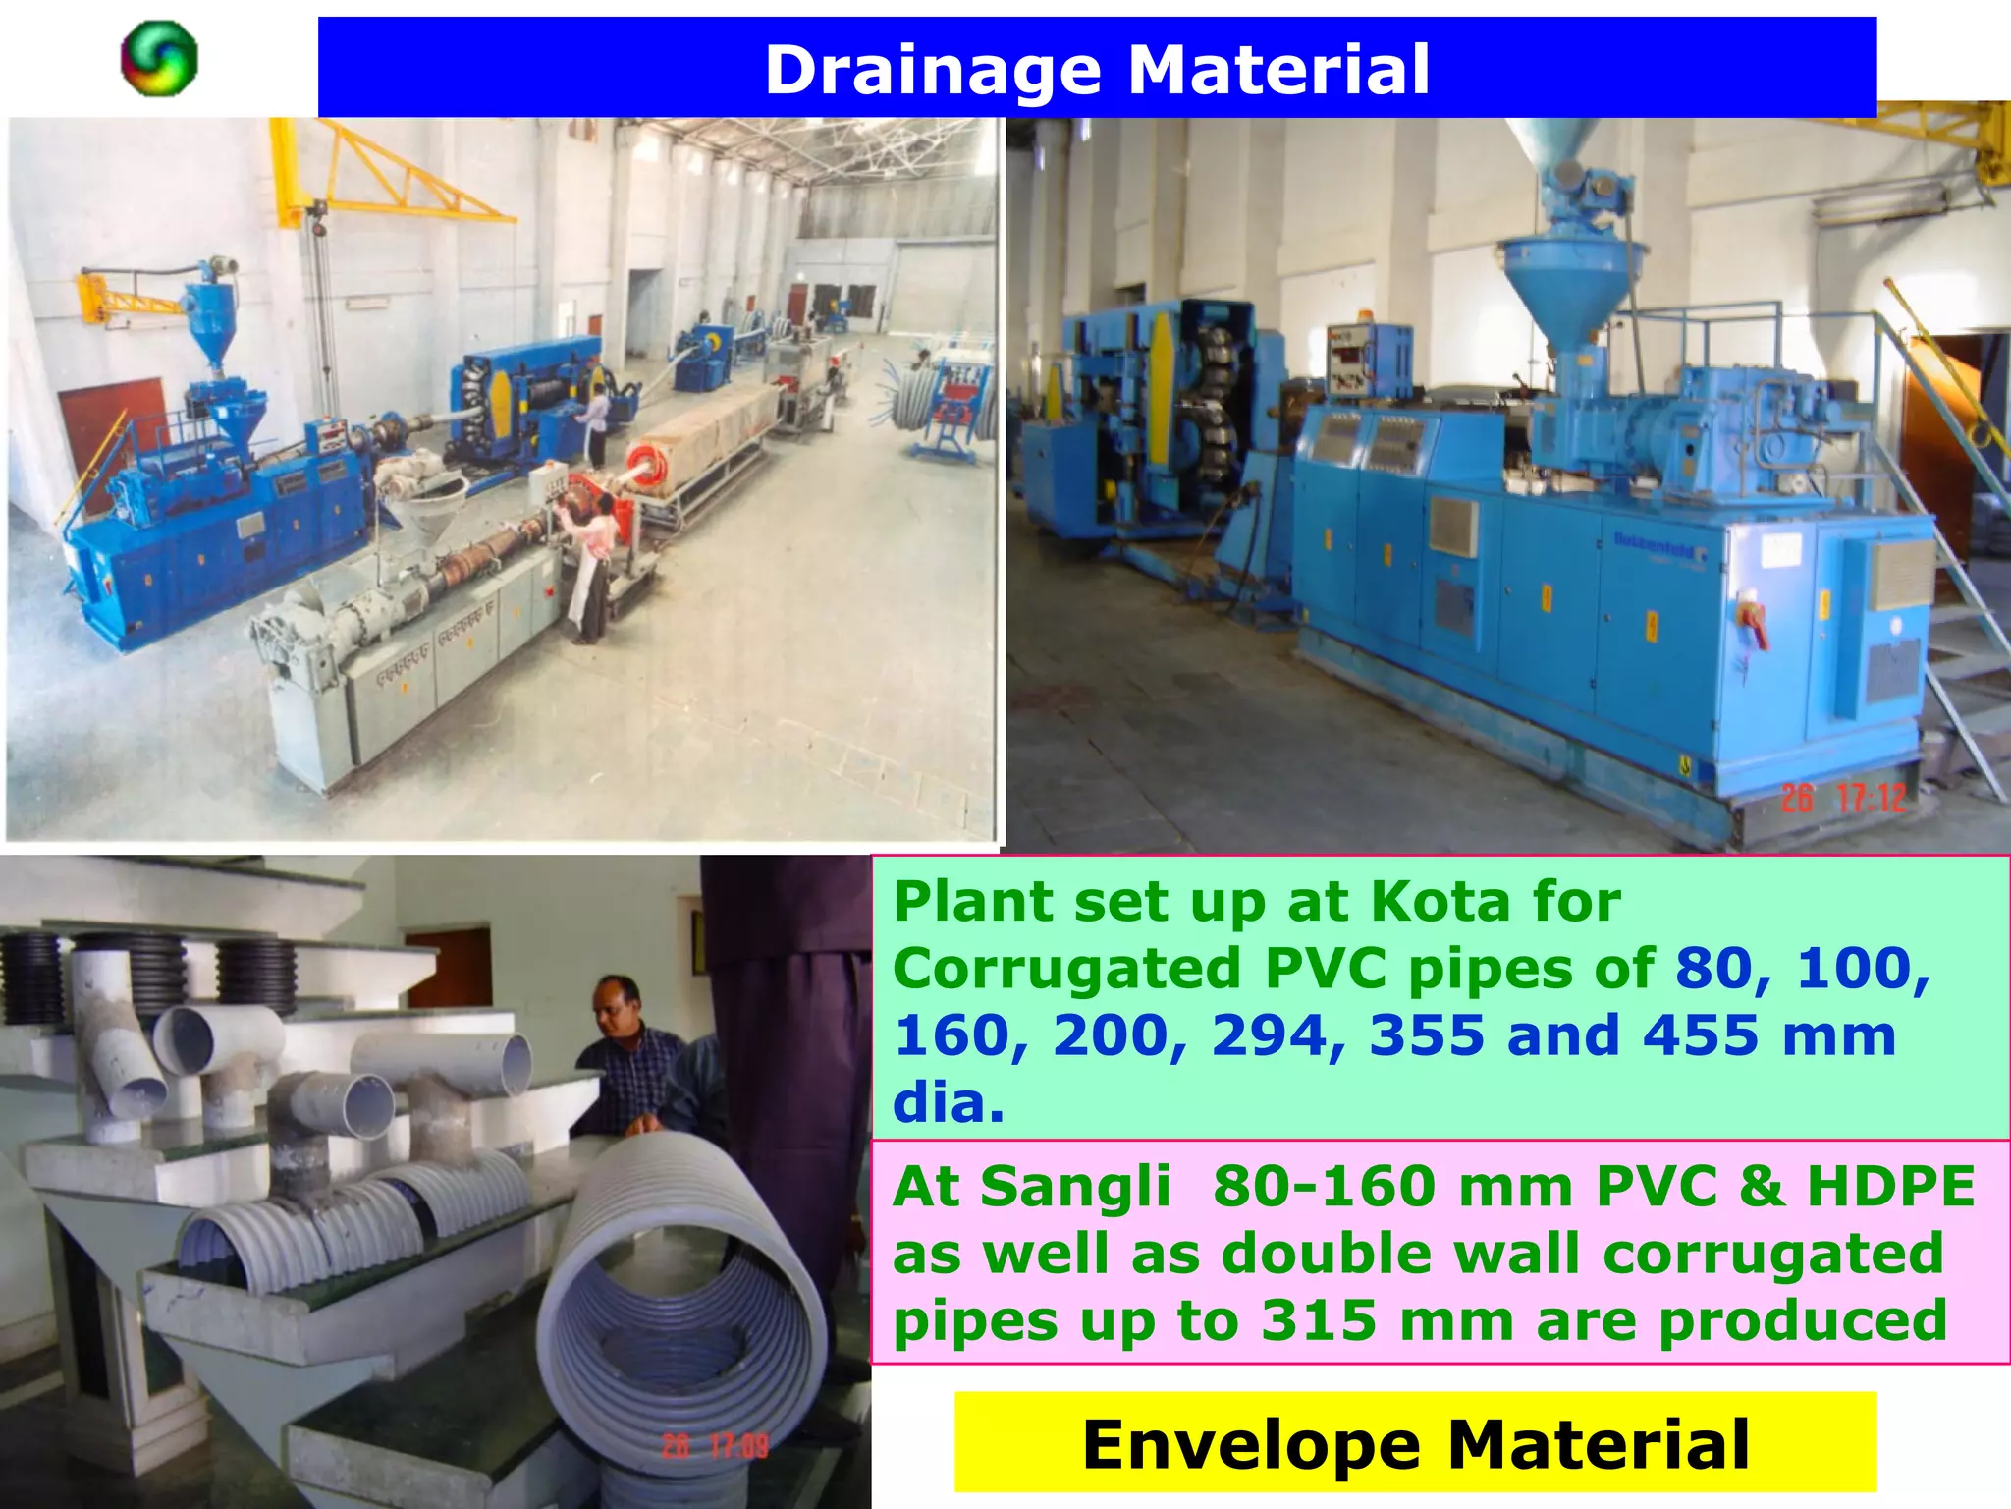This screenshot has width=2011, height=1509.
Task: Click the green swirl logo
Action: coord(159,59)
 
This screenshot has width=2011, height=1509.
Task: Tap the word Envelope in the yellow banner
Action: coord(1251,1444)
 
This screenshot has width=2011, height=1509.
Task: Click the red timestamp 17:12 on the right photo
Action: coord(1871,798)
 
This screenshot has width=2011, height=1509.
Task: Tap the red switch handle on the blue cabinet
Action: coord(1754,621)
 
